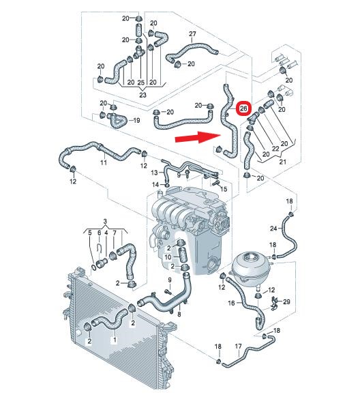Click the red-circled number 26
tap(243, 108)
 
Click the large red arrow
tap(198, 138)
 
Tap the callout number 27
tap(192, 34)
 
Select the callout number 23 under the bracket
tap(143, 95)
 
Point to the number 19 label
tap(136, 120)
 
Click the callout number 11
tap(104, 162)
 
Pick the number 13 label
tap(154, 173)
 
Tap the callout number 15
tap(224, 189)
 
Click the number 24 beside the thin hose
tap(273, 228)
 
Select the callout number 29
tap(286, 301)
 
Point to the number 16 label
tap(231, 303)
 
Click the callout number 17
tap(238, 346)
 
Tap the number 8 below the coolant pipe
tap(179, 314)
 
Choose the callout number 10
tap(168, 257)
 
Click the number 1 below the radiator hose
tap(115, 340)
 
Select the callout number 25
tap(141, 83)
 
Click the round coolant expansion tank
tap(250, 267)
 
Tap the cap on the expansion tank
tap(250, 256)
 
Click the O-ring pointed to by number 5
tap(94, 267)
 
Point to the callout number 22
tap(275, 149)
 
